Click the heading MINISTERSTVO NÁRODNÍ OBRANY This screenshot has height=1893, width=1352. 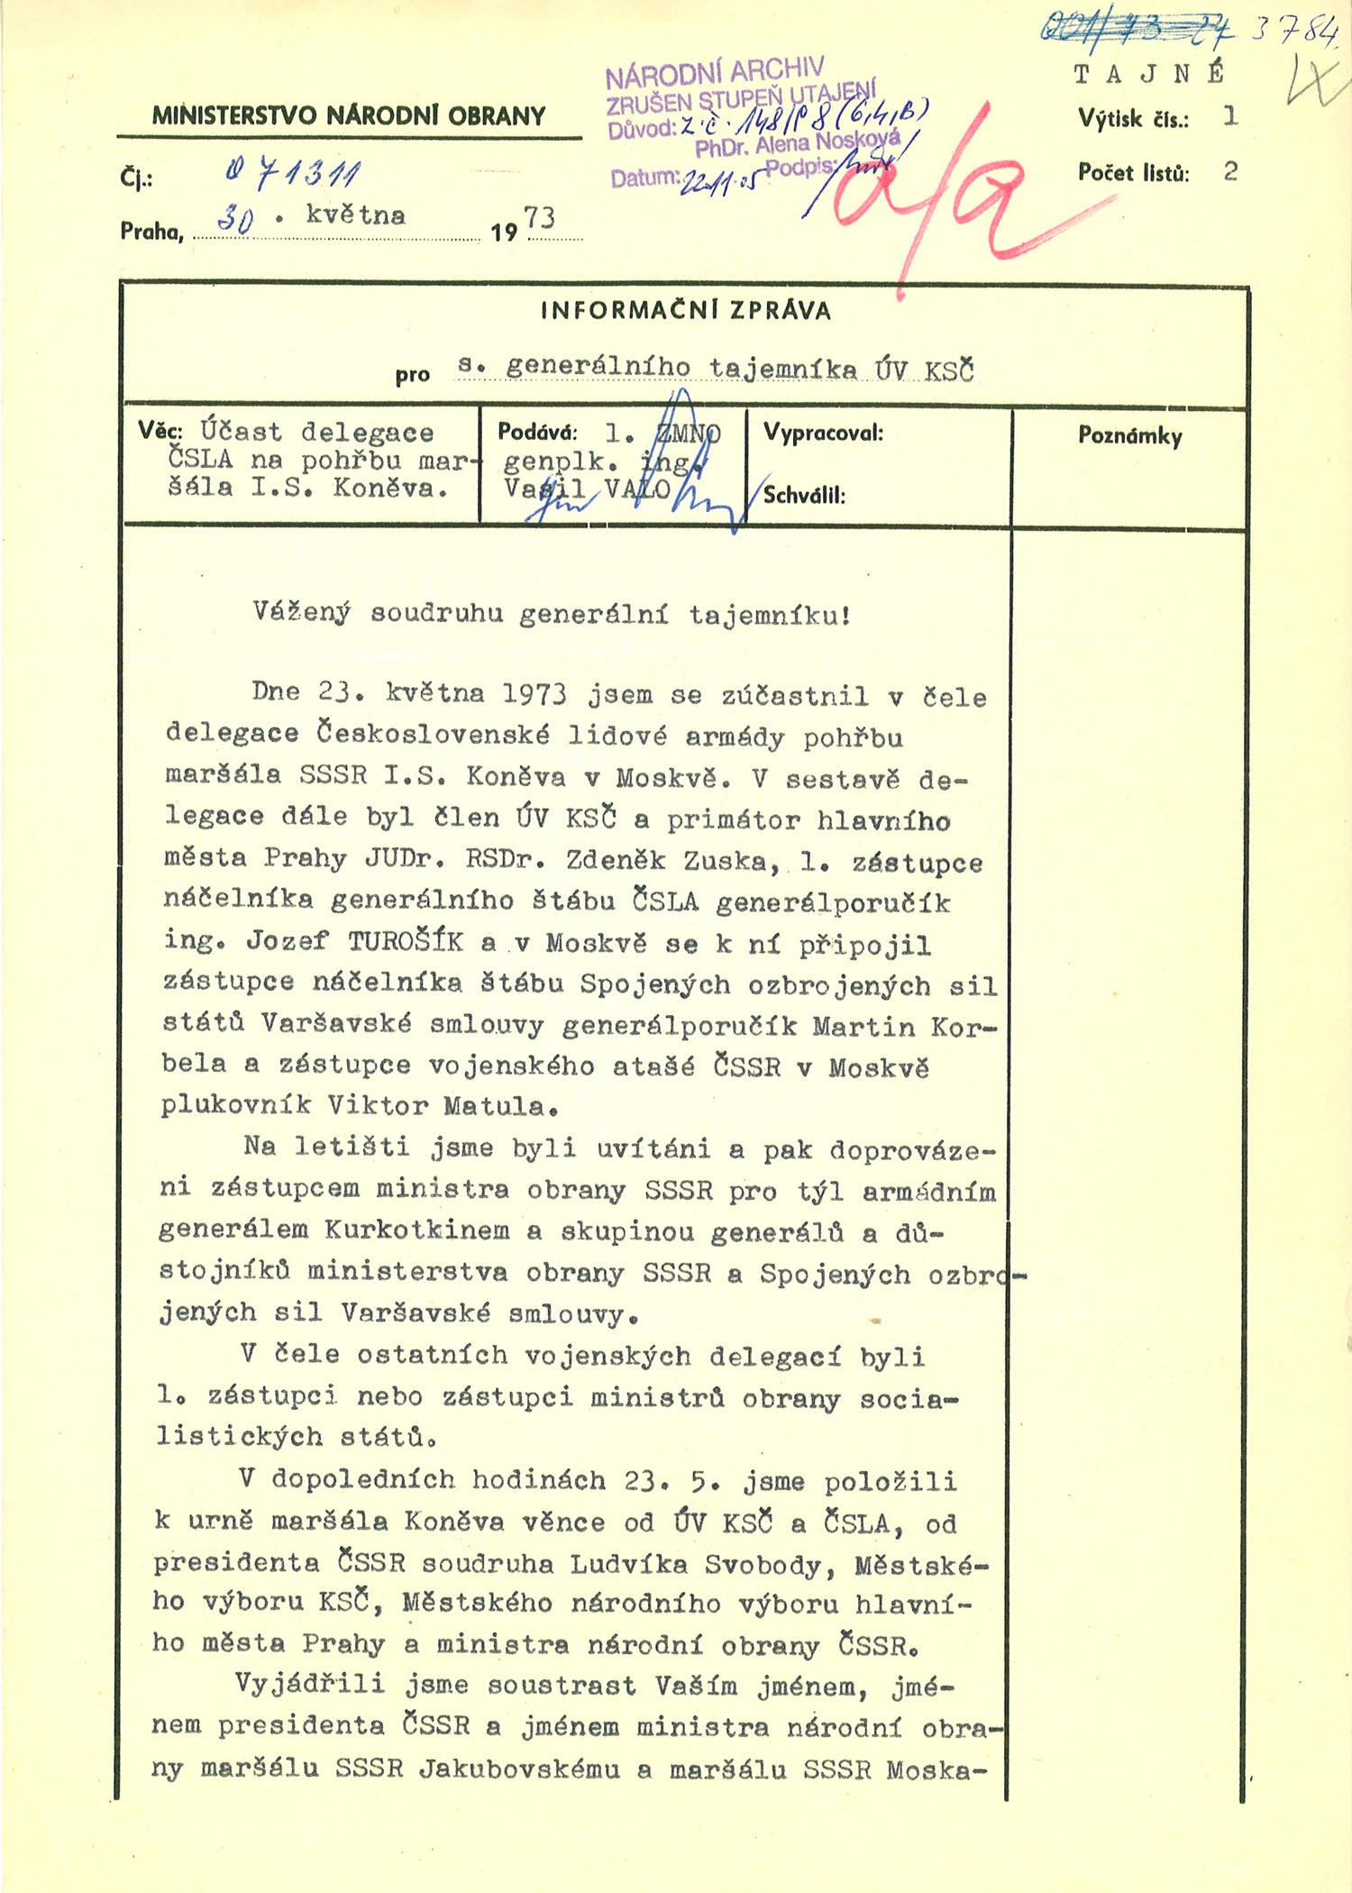pos(349,115)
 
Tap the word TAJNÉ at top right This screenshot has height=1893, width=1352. pos(1149,74)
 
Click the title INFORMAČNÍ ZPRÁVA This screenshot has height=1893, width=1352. pos(685,311)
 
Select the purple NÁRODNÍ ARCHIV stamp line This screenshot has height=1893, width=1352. pos(715,73)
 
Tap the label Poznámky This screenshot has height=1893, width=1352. pos(1130,436)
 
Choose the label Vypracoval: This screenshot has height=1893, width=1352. pos(823,433)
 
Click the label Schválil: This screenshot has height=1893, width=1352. pos(804,495)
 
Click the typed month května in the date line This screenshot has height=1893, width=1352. pos(355,215)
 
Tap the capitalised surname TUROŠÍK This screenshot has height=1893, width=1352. pos(406,942)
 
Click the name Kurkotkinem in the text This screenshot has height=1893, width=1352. pos(416,1230)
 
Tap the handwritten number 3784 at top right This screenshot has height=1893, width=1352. pos(1294,32)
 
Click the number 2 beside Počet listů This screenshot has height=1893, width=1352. pos(1230,171)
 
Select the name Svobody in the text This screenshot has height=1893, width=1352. pos(763,1564)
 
